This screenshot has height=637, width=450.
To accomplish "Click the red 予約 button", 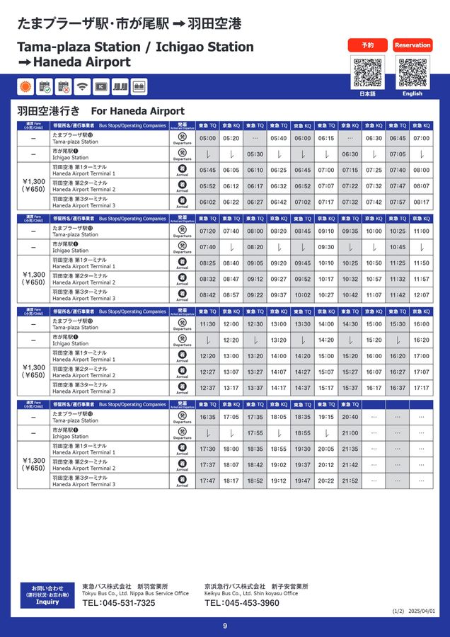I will [x=368, y=45].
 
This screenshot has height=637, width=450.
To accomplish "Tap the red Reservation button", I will [x=412, y=45].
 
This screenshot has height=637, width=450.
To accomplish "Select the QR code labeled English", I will [x=412, y=72].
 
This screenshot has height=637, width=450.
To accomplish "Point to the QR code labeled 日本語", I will [x=368, y=72].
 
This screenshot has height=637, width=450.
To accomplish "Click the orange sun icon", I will [x=26, y=86].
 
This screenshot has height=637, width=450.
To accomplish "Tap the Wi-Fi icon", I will [x=82, y=86].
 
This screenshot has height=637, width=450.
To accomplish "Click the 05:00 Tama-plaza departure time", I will [x=207, y=139].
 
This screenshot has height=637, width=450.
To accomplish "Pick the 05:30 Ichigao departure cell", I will [x=255, y=154].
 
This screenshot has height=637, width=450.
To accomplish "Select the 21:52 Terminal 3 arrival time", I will [x=350, y=481].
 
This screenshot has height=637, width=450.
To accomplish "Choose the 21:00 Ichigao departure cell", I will [x=350, y=433].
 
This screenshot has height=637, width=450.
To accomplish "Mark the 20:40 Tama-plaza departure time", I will [x=350, y=418].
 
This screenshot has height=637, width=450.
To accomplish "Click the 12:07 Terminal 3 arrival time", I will [x=421, y=295].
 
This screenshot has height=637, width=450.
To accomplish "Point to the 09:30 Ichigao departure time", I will [x=326, y=248].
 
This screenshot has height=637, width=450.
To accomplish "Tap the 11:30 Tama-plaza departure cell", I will [x=207, y=324].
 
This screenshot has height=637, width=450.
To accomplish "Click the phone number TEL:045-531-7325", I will [x=118, y=603].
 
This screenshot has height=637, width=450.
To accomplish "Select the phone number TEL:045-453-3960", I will [x=241, y=603].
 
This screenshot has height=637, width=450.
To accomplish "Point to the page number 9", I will [x=225, y=626].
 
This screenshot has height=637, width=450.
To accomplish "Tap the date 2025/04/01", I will [x=424, y=612].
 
